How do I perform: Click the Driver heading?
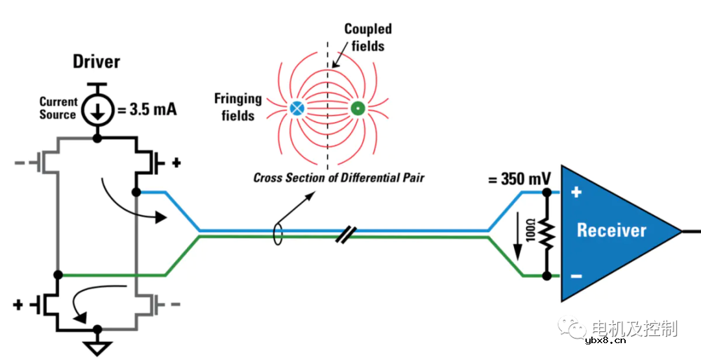coord(96,62)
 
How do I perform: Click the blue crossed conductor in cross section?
coord(297,108)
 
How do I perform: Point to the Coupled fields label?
coord(368,37)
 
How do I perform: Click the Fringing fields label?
coord(238,107)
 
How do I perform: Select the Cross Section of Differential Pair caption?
coord(338,177)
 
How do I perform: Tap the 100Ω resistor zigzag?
coord(547,234)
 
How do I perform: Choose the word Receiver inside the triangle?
coord(611,230)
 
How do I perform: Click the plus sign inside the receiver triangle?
coord(576,192)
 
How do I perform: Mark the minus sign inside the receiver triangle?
coord(576,276)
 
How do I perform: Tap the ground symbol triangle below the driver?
coord(97,349)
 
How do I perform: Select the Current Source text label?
coord(58,108)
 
